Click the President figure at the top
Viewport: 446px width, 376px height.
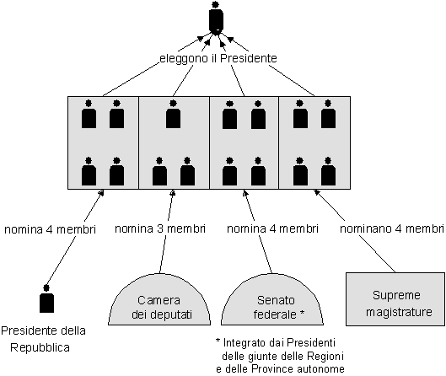(x=216, y=18)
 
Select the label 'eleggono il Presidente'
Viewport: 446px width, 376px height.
(x=218, y=58)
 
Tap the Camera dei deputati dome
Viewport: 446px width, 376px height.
(x=159, y=299)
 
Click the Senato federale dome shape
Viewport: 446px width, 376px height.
(x=272, y=299)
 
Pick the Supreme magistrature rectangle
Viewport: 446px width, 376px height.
(x=395, y=299)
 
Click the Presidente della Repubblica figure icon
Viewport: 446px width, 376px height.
(x=46, y=298)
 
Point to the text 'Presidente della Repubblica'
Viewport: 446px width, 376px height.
(x=43, y=339)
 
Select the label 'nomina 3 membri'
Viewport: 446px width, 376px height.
(x=160, y=228)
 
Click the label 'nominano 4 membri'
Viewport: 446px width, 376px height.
(x=392, y=228)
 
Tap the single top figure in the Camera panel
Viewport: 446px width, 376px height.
(x=173, y=114)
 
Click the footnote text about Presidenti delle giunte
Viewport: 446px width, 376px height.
(x=280, y=356)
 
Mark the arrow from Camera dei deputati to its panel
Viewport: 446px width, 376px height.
(x=167, y=231)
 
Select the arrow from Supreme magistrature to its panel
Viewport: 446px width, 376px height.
(x=354, y=231)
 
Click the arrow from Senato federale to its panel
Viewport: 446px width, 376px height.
(x=258, y=232)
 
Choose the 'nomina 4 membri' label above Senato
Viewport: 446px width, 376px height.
(x=272, y=228)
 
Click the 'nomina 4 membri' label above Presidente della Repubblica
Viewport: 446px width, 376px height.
(x=50, y=229)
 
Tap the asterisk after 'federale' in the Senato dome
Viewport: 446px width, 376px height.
(x=302, y=313)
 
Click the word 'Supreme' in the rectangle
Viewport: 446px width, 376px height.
(x=396, y=295)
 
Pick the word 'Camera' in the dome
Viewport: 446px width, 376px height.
(x=159, y=300)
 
